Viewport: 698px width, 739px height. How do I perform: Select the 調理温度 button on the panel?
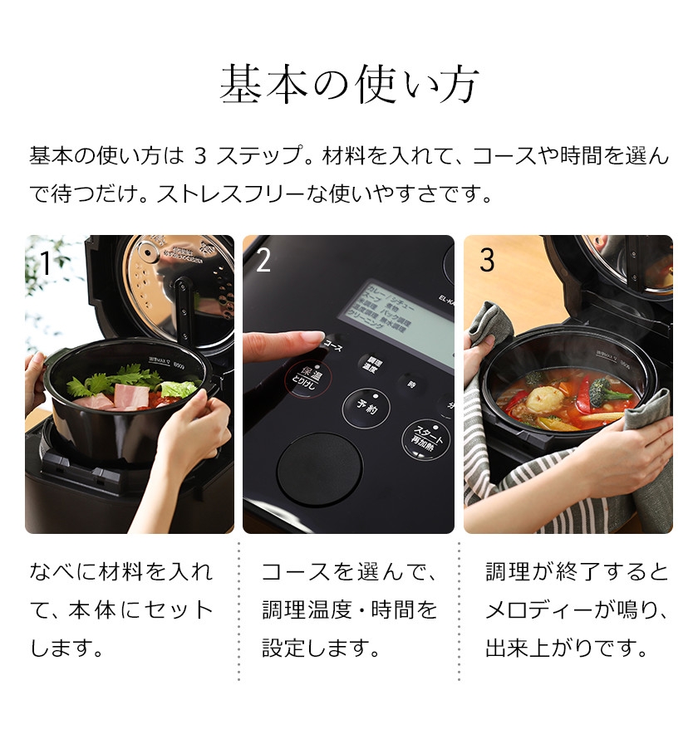coord(371,366)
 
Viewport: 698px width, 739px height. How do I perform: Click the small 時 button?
coord(410,384)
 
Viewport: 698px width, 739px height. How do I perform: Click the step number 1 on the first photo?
coord(45,263)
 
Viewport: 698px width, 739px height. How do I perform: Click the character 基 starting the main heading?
coord(238,84)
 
